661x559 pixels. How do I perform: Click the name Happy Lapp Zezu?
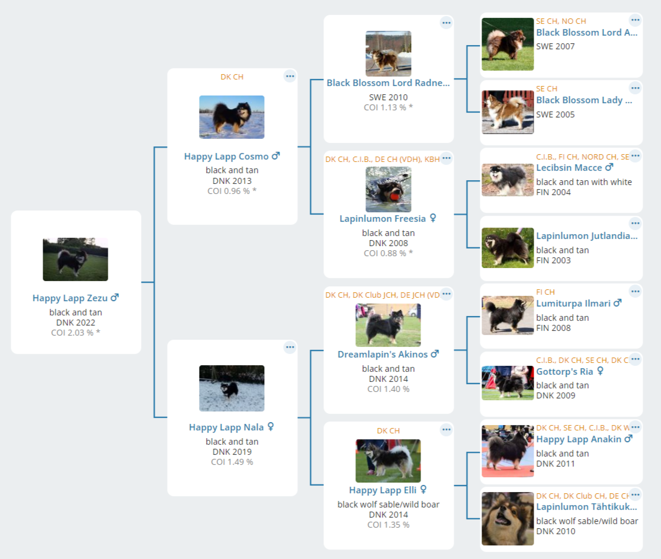(x=70, y=298)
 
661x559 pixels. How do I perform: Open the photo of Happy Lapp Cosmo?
(x=232, y=117)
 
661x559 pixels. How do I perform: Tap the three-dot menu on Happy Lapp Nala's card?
(x=290, y=347)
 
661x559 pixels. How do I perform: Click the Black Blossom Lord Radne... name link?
(x=389, y=83)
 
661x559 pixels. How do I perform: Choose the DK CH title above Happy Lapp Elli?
(x=389, y=431)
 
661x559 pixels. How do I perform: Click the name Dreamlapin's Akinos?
(x=383, y=354)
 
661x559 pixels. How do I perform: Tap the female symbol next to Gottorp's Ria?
(x=601, y=371)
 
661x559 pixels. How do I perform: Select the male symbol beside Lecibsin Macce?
(x=609, y=167)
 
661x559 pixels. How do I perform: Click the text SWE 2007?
(x=555, y=46)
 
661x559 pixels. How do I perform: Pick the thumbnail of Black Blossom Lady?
(x=508, y=112)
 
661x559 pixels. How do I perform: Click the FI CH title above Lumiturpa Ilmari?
(x=546, y=292)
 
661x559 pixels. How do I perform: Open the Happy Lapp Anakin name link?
(x=579, y=439)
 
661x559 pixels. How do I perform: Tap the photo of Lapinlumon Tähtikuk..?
(x=508, y=519)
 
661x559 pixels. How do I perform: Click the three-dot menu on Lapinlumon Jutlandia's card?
(x=636, y=223)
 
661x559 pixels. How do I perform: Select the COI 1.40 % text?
(x=389, y=389)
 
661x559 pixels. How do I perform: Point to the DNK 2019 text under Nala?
(x=232, y=452)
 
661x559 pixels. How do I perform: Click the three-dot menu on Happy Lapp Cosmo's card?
(x=290, y=76)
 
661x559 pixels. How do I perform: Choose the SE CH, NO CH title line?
(x=561, y=21)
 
